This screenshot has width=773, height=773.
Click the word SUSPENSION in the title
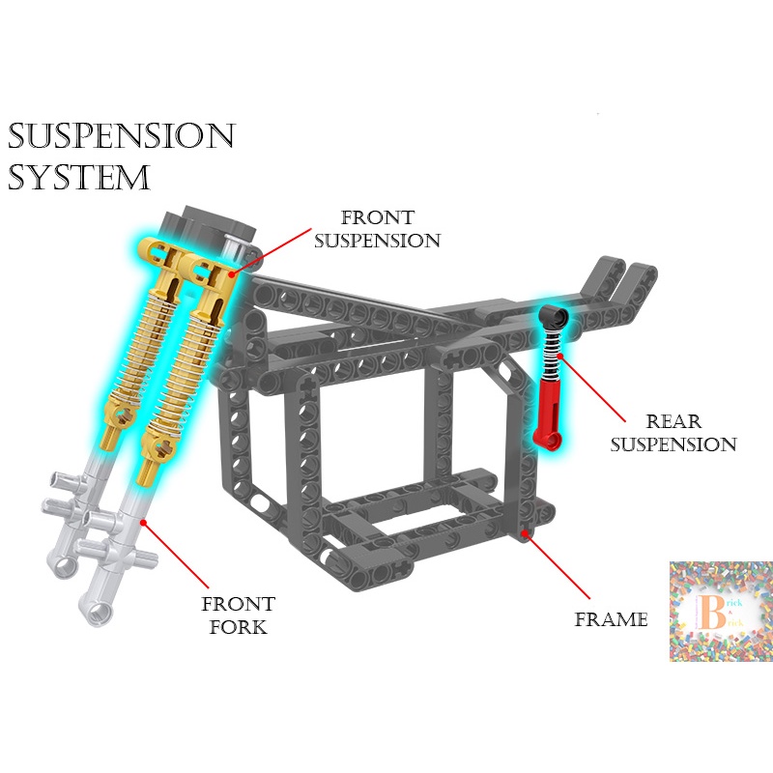[x=122, y=136]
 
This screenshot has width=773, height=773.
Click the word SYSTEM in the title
[x=79, y=178]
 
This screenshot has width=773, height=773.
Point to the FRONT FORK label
[x=238, y=615]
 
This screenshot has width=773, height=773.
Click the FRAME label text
[x=611, y=619]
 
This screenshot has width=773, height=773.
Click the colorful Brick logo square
[x=720, y=611]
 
